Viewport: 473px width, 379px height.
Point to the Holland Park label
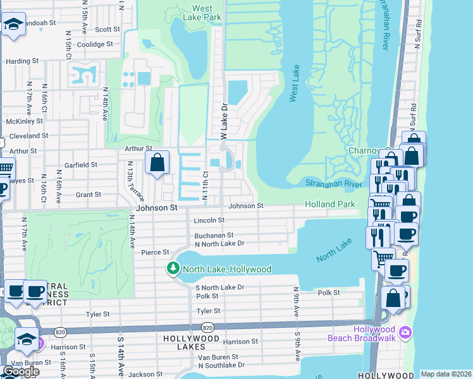[329, 205]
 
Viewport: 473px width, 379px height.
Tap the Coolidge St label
[94, 45]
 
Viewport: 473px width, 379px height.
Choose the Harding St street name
[22, 62]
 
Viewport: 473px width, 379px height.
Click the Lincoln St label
[209, 220]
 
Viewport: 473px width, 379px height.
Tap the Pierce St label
[155, 252]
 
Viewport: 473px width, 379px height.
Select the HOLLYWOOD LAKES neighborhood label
[191, 339]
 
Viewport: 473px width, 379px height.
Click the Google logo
[21, 371]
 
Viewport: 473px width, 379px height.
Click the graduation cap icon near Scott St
[13, 25]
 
